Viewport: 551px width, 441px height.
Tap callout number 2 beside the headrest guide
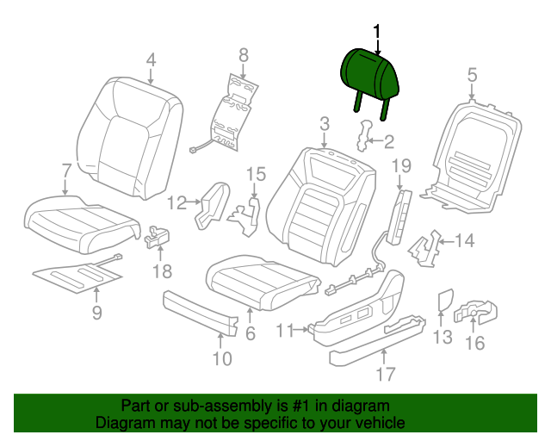click(x=388, y=143)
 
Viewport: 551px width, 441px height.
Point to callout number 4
click(x=151, y=59)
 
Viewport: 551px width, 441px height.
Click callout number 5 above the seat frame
click(x=472, y=75)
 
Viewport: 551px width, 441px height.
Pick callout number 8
click(x=243, y=55)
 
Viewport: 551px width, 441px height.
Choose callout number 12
click(x=176, y=202)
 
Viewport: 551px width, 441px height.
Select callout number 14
click(x=464, y=241)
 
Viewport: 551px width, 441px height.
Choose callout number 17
click(x=385, y=373)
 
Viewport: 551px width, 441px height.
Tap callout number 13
click(x=442, y=337)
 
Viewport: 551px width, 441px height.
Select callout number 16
click(x=474, y=343)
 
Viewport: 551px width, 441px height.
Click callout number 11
click(x=286, y=328)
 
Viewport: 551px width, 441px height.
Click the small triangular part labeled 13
click(x=446, y=300)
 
